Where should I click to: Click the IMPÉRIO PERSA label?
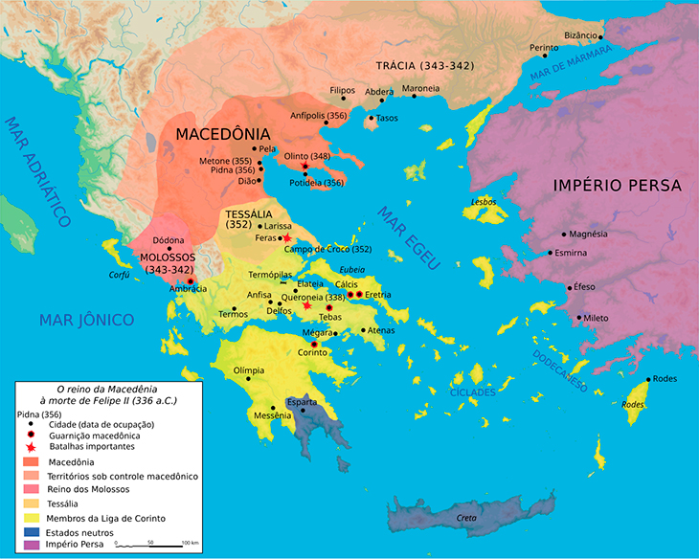click(617, 185)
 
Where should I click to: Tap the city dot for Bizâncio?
click(600, 37)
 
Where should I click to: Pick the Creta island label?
click(466, 518)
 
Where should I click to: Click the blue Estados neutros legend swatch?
click(30, 531)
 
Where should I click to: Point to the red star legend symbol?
click(30, 447)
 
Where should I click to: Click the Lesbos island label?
click(484, 202)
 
